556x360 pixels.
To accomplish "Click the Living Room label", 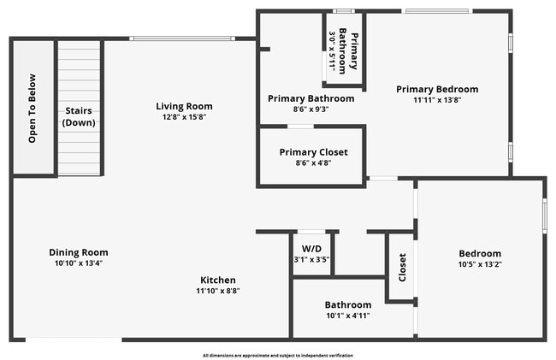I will (x=184, y=106).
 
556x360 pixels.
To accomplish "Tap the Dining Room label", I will (x=78, y=252).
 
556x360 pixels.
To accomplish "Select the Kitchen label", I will (x=218, y=280).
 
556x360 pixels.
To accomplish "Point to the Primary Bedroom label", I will (x=436, y=89).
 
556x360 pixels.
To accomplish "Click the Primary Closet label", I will (x=313, y=152).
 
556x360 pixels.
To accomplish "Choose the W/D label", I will (x=311, y=249).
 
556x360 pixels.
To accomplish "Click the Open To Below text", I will (x=33, y=109).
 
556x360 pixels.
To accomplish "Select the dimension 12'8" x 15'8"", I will (x=184, y=117).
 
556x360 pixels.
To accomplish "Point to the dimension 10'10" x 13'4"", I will (x=78, y=263).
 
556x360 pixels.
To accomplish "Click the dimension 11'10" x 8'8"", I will (x=218, y=291).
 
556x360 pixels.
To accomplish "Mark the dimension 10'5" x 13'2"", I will (x=480, y=264).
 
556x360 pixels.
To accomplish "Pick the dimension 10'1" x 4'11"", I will (x=347, y=316).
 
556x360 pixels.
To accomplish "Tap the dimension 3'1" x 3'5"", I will (x=311, y=259).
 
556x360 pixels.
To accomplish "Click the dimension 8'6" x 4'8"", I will (x=313, y=162).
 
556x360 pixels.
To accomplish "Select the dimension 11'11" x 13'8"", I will (x=436, y=99).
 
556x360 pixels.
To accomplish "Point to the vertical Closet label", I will (x=402, y=268).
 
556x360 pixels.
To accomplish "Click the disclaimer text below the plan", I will (x=277, y=355).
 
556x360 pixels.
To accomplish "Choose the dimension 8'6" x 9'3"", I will (x=311, y=109).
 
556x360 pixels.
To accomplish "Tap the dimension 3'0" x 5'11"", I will (x=333, y=50).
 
